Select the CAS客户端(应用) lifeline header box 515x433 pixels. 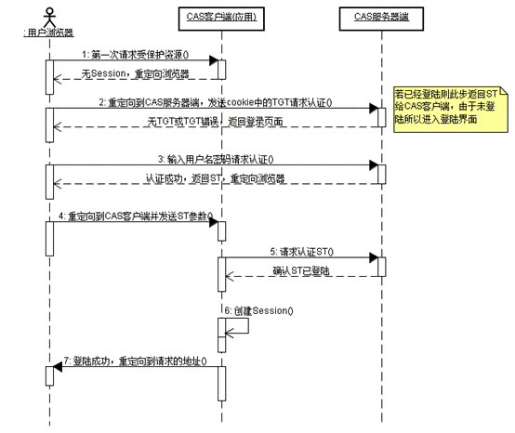pos(220,16)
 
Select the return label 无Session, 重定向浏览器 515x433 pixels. pos(136,72)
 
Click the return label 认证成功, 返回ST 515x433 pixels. pos(215,178)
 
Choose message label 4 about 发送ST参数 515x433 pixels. pos(136,216)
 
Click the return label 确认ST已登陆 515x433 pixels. pos(303,269)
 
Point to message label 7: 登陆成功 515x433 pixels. pos(136,360)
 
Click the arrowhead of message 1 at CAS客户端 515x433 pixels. pos(213,62)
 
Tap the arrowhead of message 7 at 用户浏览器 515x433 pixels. pos(57,368)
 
